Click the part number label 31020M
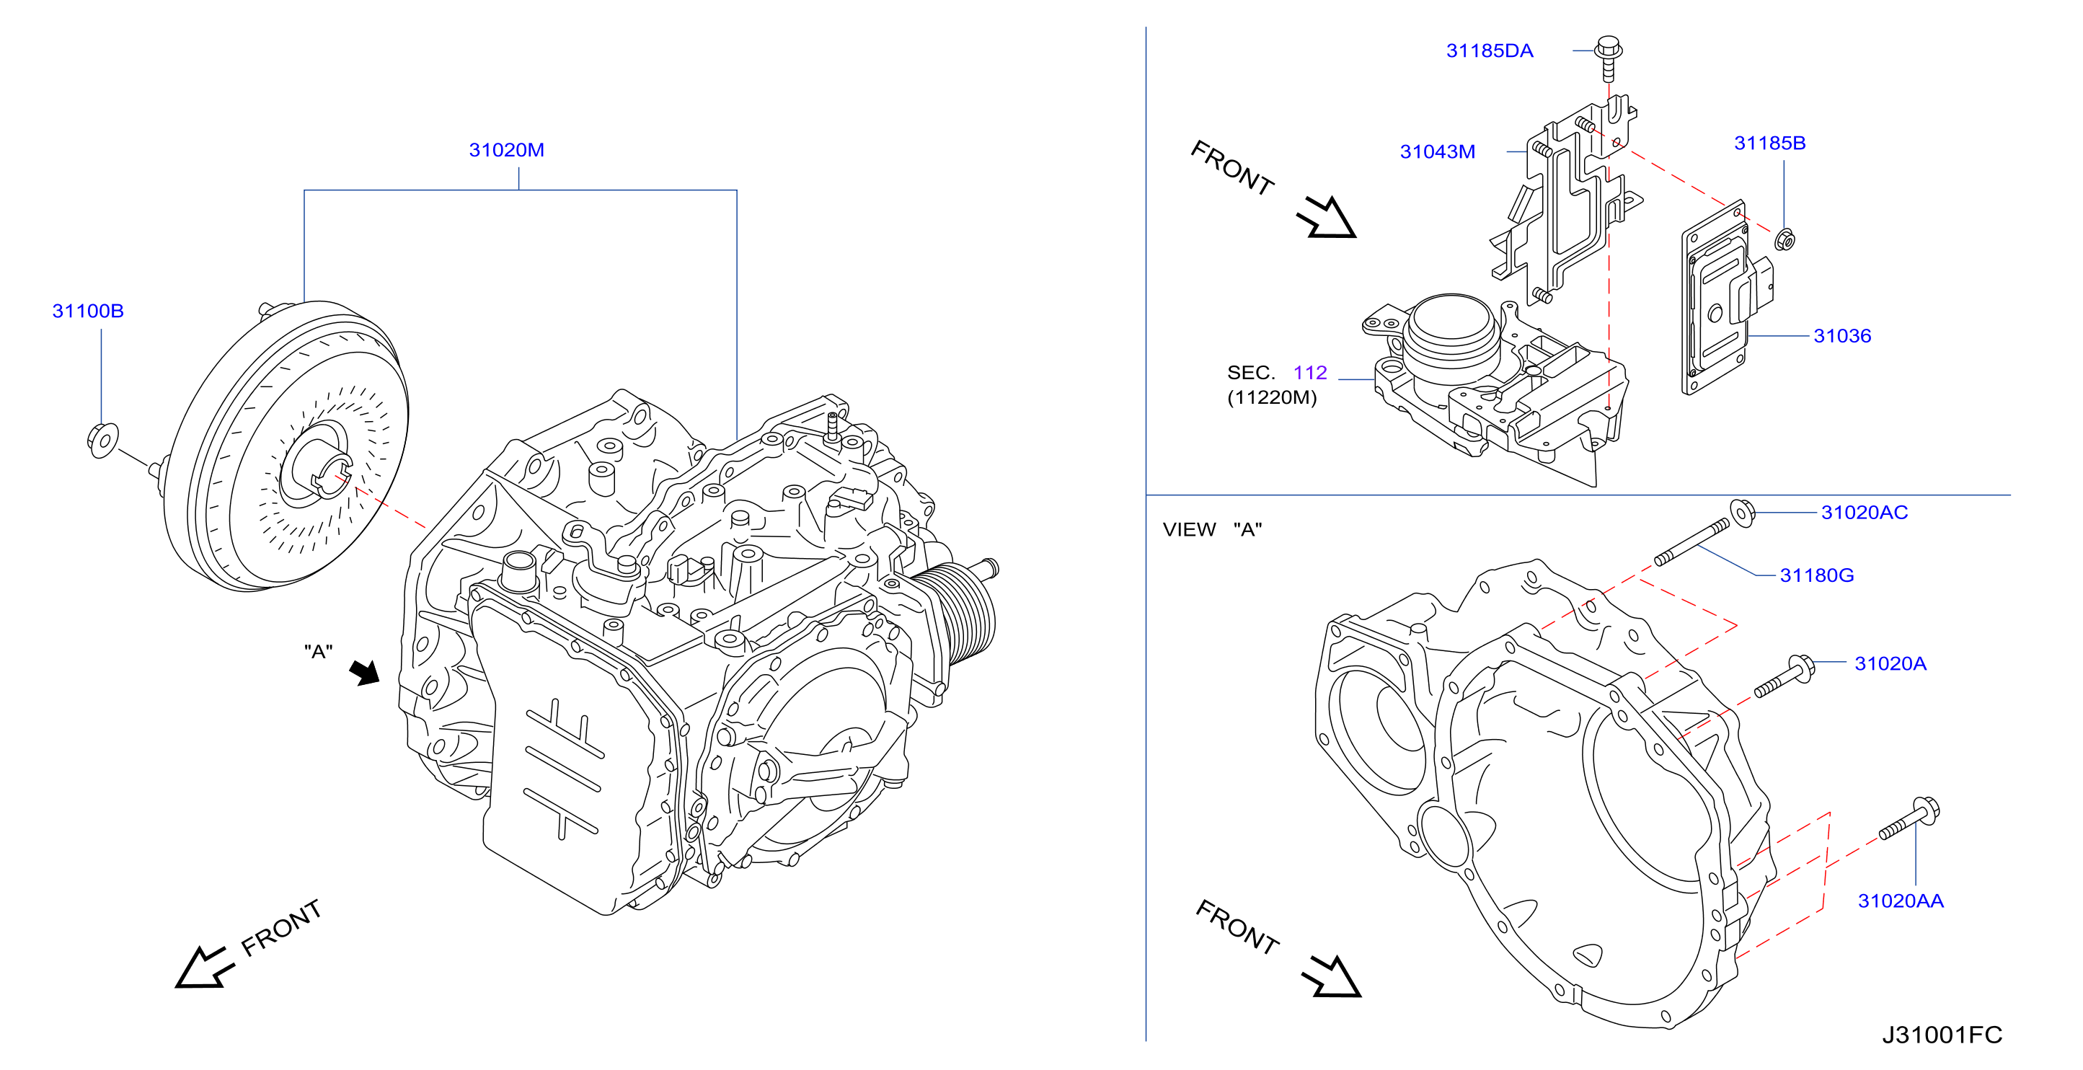(507, 150)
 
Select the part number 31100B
(88, 311)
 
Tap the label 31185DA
(1490, 51)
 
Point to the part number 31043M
(1438, 151)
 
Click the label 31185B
(1770, 143)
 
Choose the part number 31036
(1843, 336)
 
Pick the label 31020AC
(1865, 512)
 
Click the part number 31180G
(1817, 575)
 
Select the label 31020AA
(1901, 901)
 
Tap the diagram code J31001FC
(1942, 1035)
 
